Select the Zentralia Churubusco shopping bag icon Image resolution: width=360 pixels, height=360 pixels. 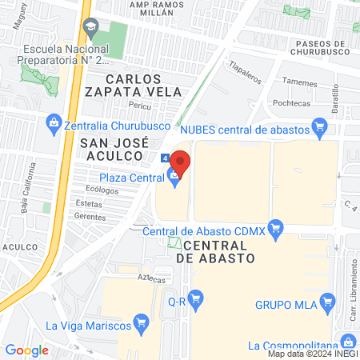click(54, 122)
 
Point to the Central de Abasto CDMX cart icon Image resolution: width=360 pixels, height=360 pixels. click(276, 229)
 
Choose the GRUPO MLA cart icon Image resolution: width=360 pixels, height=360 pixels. click(326, 302)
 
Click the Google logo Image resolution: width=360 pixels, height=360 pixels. click(27, 350)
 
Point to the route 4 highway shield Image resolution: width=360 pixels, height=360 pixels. click(164, 158)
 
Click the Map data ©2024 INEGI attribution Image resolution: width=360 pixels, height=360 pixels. click(312, 353)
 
